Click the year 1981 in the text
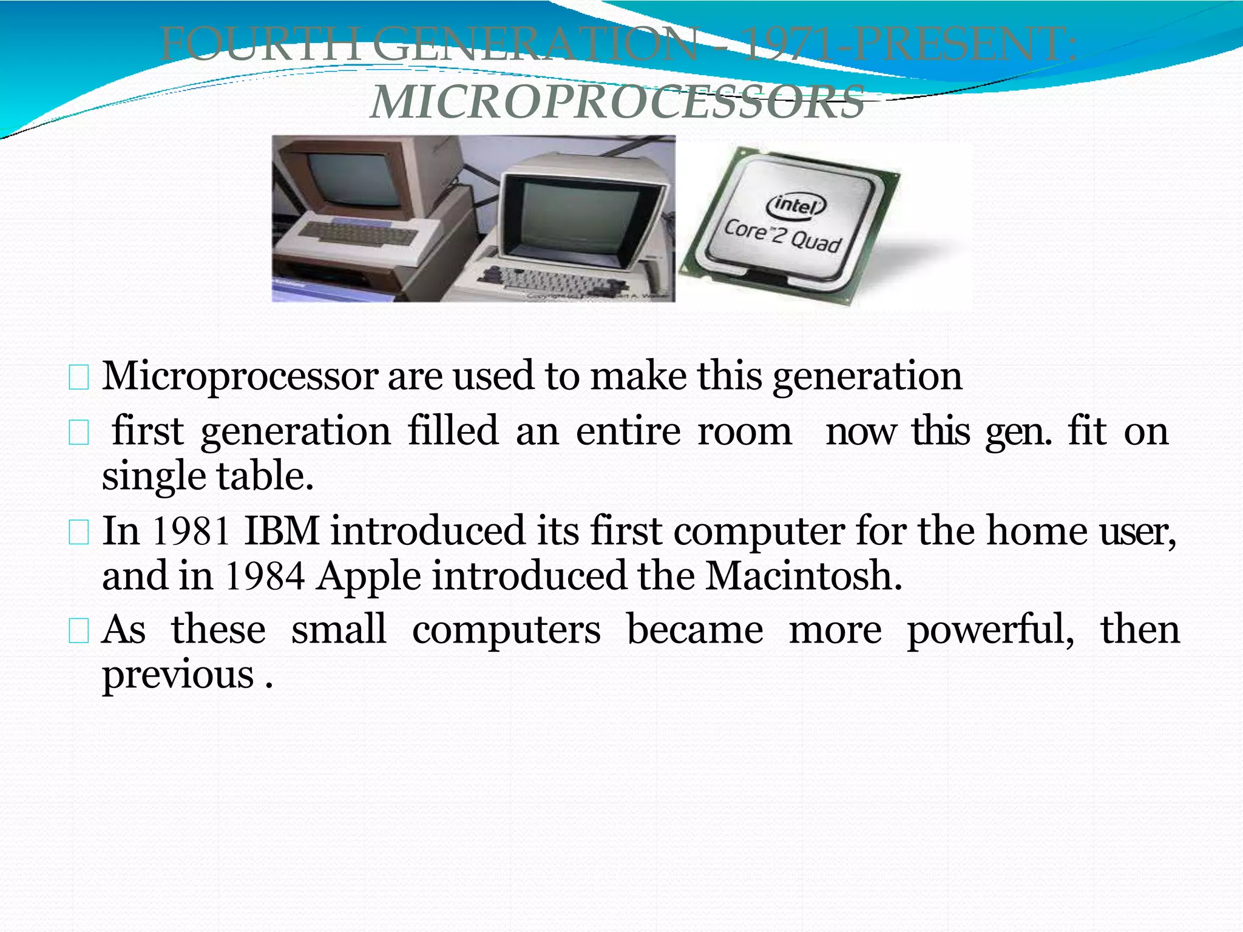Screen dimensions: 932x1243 click(x=191, y=532)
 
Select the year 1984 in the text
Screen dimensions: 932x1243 click(x=265, y=576)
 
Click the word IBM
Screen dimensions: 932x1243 click(x=282, y=532)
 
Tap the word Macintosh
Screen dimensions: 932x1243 click(x=803, y=576)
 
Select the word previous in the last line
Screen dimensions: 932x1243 click(x=178, y=675)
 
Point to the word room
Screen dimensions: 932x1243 click(x=744, y=432)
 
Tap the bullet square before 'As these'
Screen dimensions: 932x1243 click(x=79, y=632)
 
